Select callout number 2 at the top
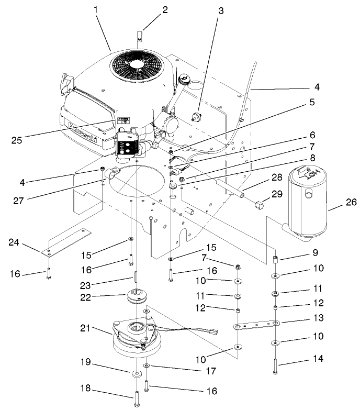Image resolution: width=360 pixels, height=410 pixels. coord(150,9)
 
